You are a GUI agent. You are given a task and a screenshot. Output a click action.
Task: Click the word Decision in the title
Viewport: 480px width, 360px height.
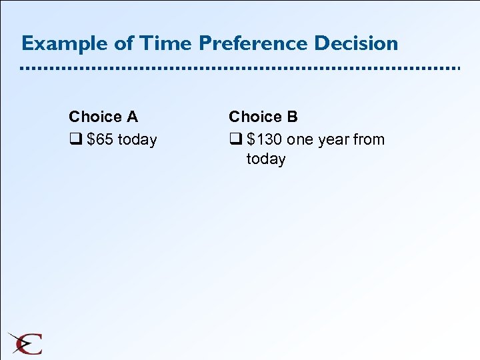[x=356, y=43]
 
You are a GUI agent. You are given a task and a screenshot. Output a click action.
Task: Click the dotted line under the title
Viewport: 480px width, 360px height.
[x=240, y=69]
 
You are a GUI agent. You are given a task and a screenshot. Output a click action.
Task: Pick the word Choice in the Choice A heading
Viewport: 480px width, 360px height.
[x=95, y=117]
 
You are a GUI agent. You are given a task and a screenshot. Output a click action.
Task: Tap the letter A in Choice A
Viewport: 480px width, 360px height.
[x=132, y=117]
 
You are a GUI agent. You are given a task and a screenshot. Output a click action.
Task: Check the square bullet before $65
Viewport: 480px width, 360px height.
[x=74, y=140]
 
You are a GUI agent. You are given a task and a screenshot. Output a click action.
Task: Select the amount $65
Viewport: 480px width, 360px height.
[x=100, y=140]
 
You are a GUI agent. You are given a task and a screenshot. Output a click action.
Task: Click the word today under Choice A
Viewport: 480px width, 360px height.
[x=137, y=140]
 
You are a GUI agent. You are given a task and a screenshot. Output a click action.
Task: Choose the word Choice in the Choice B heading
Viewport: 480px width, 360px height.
[x=255, y=117]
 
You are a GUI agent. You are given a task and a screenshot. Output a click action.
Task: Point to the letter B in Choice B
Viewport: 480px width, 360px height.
[x=292, y=117]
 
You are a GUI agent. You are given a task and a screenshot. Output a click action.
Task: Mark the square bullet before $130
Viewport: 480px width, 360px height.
[x=234, y=140]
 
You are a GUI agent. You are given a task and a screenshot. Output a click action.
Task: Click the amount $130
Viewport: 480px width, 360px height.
[x=264, y=140]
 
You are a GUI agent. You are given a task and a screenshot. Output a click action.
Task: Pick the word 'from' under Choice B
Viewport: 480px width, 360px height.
[x=369, y=140]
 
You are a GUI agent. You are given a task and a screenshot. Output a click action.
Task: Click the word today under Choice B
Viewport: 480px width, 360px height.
[x=266, y=159]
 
